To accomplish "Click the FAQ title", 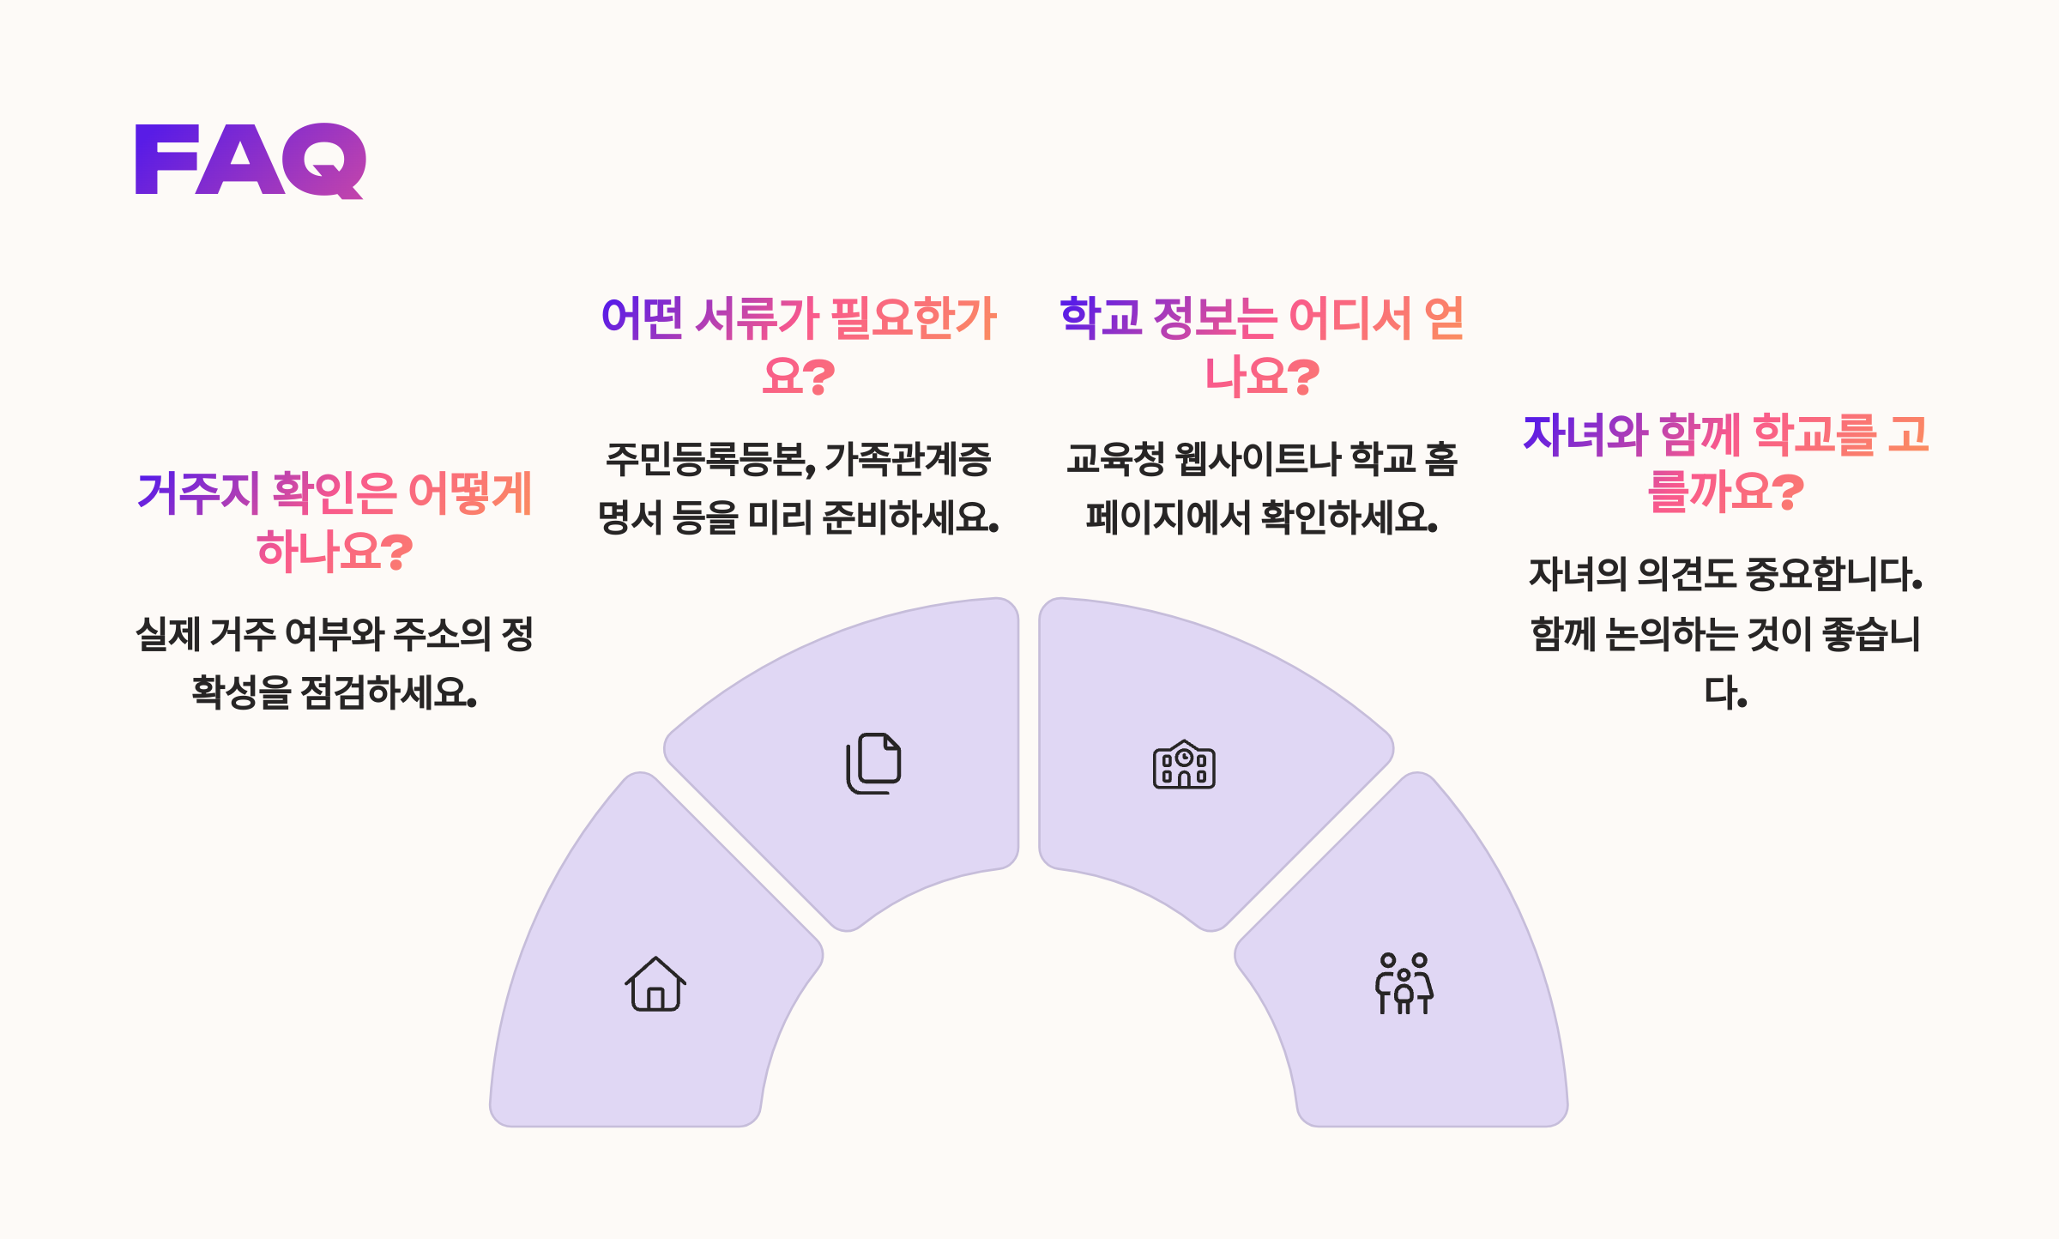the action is coord(251,160).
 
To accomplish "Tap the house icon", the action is coord(655,985).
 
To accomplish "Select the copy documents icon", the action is coord(874,763).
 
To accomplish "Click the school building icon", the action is coord(1184,765).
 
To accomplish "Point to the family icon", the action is coord(1404,984).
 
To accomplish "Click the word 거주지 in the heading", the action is coord(198,493).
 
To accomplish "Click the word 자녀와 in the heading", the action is coord(1585,434).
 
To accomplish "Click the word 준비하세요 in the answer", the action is coord(909,517).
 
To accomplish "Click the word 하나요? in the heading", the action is coord(335,551).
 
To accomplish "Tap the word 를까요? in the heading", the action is coord(1725,493).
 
